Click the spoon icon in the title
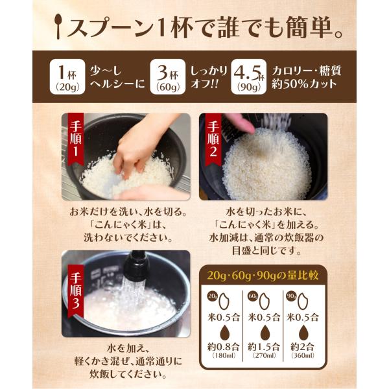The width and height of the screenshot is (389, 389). (x=58, y=26)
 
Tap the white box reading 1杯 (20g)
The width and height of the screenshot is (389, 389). (x=67, y=77)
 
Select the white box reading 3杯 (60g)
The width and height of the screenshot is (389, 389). (x=168, y=77)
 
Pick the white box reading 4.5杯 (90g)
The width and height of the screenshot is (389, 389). (x=249, y=77)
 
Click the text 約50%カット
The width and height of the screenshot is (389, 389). (x=304, y=84)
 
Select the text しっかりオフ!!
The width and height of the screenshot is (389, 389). (x=209, y=77)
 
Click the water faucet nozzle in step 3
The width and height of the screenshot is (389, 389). (x=136, y=265)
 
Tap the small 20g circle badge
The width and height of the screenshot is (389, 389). (x=213, y=296)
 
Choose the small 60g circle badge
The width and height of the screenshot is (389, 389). (x=252, y=296)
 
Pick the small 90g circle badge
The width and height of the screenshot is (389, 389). (x=290, y=296)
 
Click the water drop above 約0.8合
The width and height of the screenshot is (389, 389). (x=225, y=333)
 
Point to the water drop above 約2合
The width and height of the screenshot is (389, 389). (x=303, y=333)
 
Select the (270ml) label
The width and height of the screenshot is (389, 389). (x=264, y=355)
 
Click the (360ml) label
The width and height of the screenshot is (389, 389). (x=303, y=355)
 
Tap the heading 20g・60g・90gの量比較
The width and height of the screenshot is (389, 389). (x=263, y=276)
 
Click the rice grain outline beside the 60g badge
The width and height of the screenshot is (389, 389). (x=265, y=301)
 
